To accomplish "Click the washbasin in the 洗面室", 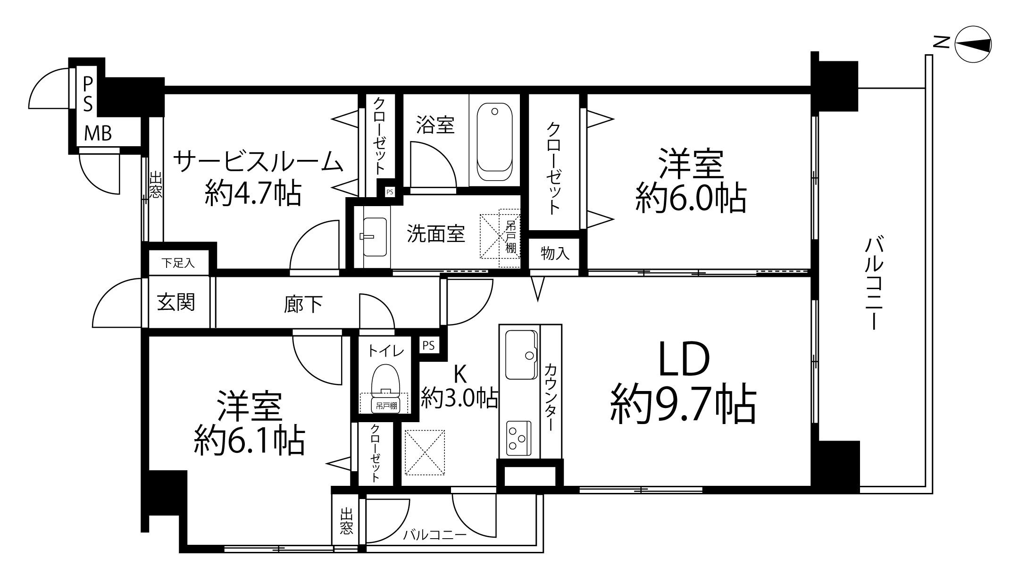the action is (x=375, y=237).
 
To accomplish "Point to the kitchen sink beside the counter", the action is (x=521, y=355).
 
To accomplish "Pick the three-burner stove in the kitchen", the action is (x=518, y=438).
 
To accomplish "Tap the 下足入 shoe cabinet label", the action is (x=178, y=263).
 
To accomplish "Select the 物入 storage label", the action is (x=555, y=253).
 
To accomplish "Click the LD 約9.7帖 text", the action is (x=684, y=383).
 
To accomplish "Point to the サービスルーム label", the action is (x=258, y=162).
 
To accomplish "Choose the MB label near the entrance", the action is (x=98, y=133).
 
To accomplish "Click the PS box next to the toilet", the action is (x=428, y=345).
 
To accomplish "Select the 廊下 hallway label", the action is (x=303, y=304).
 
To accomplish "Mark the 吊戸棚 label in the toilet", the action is (x=386, y=405).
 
